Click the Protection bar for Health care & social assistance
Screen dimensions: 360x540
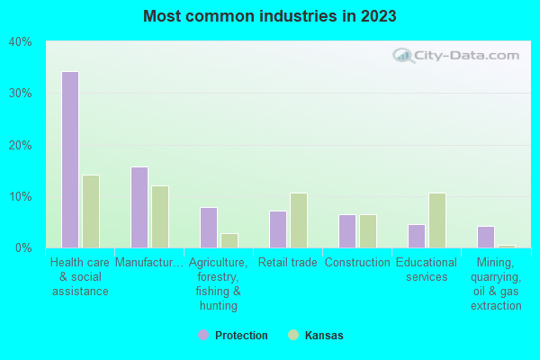click(70, 159)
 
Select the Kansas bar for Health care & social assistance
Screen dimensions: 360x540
click(91, 211)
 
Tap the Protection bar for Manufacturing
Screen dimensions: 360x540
click(139, 207)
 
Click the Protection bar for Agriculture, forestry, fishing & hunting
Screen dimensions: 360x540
click(209, 228)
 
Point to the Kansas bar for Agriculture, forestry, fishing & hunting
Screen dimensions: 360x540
click(229, 240)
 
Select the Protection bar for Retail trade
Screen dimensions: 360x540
click(278, 229)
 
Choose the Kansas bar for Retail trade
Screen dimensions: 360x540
click(299, 220)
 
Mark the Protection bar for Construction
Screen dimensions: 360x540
click(347, 231)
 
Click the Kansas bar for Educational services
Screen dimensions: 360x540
click(437, 220)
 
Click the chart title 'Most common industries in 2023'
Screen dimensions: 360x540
click(270, 16)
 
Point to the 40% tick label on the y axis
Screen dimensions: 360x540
click(20, 41)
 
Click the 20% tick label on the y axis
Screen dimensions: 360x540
click(20, 145)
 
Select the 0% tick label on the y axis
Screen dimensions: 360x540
click(23, 247)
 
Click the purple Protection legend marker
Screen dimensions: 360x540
click(203, 335)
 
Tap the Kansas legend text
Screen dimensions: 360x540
click(324, 336)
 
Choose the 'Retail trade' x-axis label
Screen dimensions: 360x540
click(288, 263)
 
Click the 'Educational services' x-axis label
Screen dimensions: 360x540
click(427, 270)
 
